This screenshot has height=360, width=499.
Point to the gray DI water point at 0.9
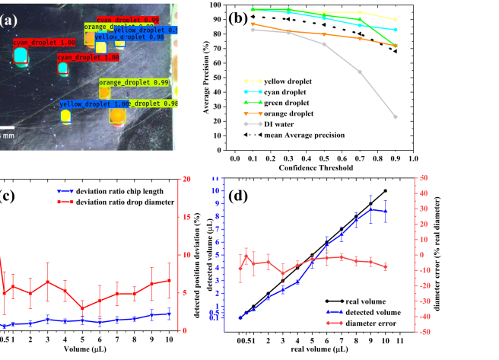396,116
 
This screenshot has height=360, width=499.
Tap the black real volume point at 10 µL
386,191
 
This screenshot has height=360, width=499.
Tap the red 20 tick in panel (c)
185,179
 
